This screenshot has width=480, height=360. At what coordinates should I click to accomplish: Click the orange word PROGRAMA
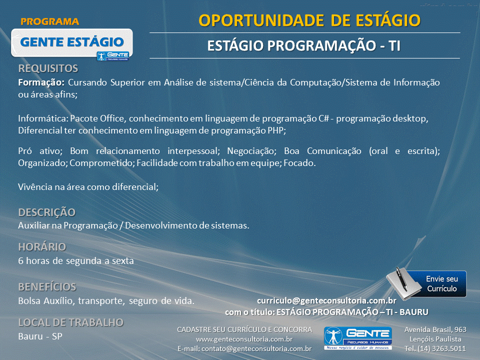point(50,21)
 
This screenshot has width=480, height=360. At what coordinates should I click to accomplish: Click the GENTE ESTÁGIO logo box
point(72,43)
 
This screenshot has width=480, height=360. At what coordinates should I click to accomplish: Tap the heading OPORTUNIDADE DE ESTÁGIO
point(309,20)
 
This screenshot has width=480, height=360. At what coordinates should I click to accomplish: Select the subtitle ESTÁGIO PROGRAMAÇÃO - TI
point(303,46)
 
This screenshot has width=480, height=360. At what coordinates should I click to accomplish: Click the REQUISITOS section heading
point(48,68)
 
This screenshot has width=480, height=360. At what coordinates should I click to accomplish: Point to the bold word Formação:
point(41,82)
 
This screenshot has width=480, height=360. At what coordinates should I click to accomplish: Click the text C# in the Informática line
point(323,118)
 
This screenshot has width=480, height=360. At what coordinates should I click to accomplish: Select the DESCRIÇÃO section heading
point(47,212)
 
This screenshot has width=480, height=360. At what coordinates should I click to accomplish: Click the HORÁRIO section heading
point(42,246)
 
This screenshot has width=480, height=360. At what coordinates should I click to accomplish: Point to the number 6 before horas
point(20,261)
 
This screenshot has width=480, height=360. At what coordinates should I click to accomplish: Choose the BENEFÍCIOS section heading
point(47,287)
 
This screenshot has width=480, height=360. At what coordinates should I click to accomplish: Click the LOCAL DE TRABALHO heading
point(70,322)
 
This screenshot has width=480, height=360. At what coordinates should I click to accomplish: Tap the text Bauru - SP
point(40,336)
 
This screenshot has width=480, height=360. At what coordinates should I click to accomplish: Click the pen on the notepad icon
point(401,279)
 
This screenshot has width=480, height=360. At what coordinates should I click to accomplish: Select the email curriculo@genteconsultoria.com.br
point(326,301)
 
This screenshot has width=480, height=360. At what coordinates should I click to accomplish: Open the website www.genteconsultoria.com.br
point(244,339)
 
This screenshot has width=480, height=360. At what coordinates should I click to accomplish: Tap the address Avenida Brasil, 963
point(435,329)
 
